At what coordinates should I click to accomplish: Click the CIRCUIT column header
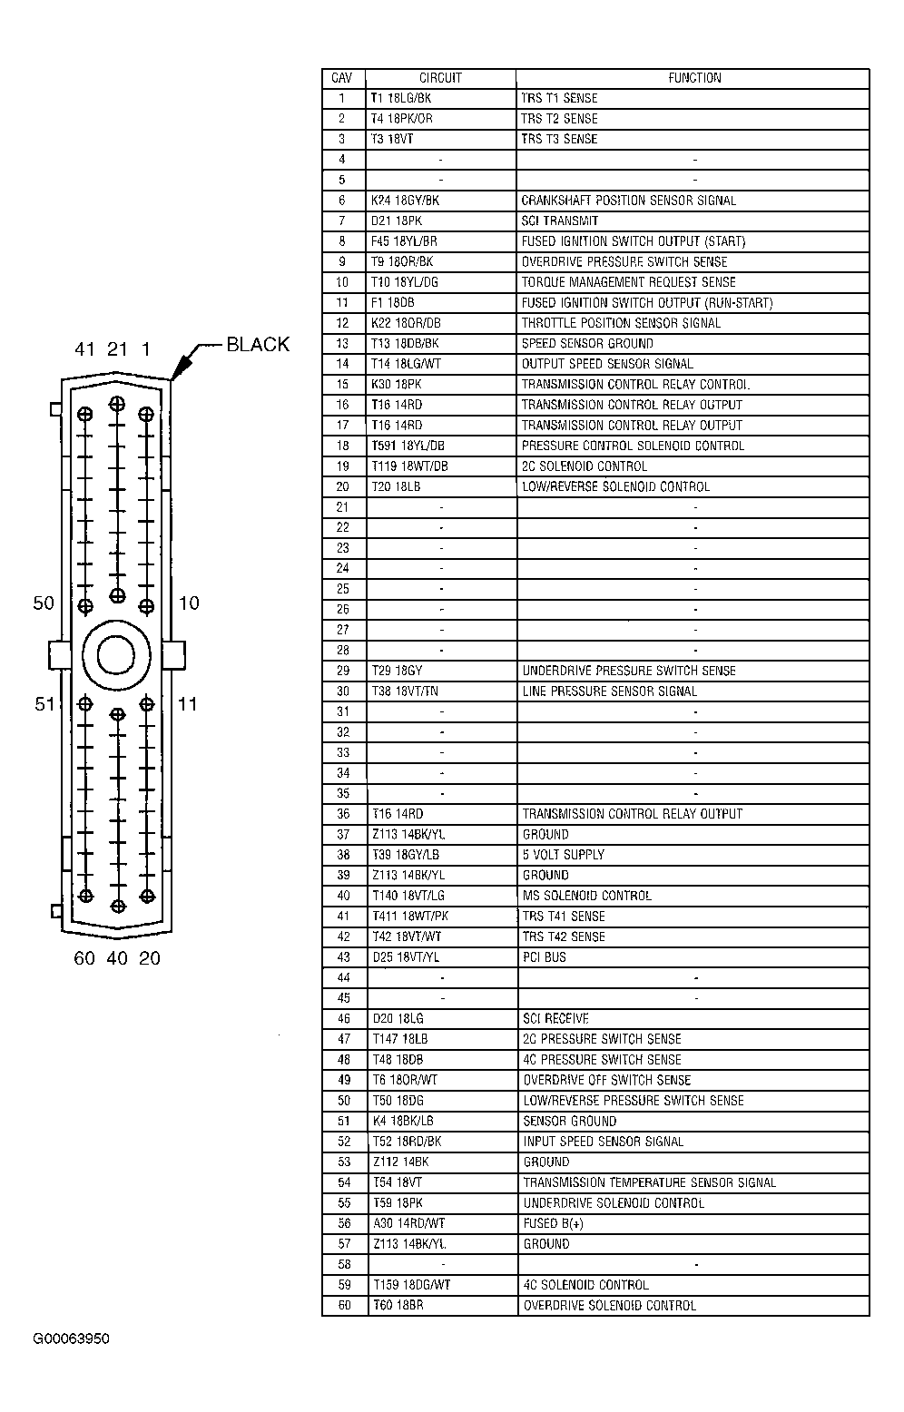point(440,78)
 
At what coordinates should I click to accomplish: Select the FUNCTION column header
point(694,78)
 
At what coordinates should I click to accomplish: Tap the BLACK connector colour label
point(258,344)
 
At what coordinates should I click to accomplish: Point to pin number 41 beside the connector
point(84,349)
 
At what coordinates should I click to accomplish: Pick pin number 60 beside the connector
point(84,958)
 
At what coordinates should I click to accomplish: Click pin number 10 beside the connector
point(189,603)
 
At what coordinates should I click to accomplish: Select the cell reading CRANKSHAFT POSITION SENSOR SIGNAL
point(628,201)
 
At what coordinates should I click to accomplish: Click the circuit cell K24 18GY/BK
point(406,201)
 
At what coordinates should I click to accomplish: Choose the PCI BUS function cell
point(545,957)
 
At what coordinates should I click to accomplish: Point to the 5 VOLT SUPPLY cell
point(564,855)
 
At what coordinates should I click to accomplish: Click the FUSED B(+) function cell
point(553,1223)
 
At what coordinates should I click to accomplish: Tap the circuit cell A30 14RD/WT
point(408,1223)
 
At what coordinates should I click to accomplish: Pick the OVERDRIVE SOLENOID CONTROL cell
point(610,1306)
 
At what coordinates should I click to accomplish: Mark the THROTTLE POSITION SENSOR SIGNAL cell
point(621,323)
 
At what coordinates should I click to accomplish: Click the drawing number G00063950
point(72,1339)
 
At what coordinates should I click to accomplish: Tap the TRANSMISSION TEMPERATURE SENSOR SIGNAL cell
point(650,1182)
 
